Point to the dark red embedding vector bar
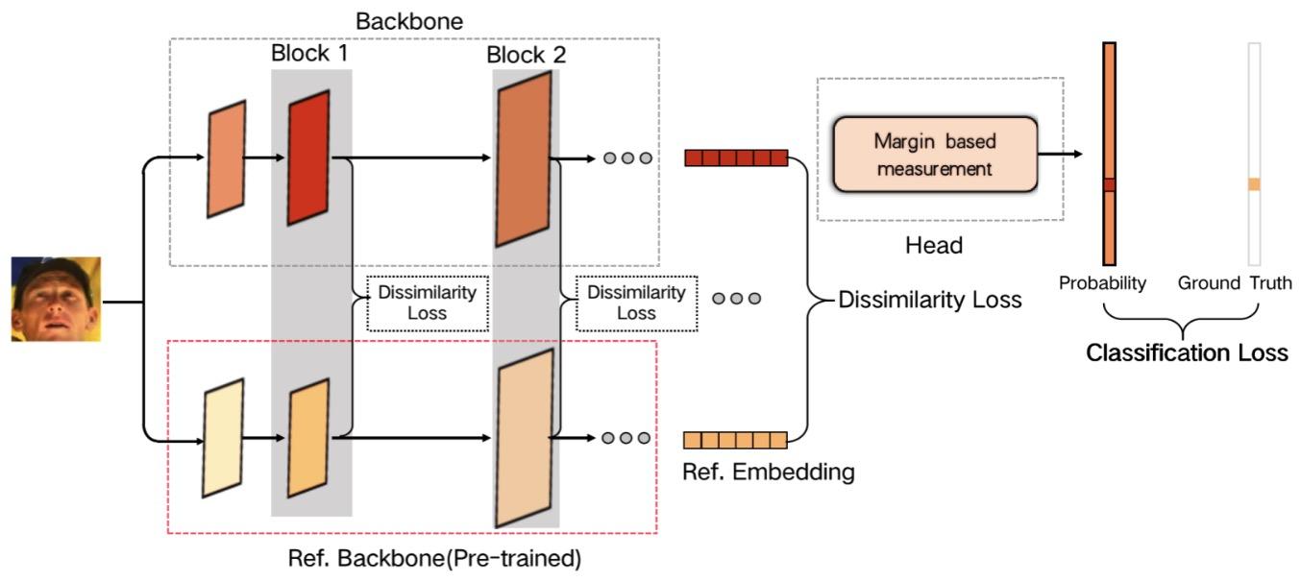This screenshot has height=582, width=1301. pos(735,158)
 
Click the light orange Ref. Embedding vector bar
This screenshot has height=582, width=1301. pos(735,441)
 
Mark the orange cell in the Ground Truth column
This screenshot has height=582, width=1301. pos(1253,184)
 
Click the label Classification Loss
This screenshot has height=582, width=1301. pos(1186,353)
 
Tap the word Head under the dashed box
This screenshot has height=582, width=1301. pos(933,246)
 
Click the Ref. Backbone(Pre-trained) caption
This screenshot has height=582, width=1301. pos(434,557)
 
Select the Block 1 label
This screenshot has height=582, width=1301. pos(309,53)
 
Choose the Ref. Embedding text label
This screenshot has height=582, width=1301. pos(769,473)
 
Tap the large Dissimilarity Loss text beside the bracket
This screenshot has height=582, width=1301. pos(930,300)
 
